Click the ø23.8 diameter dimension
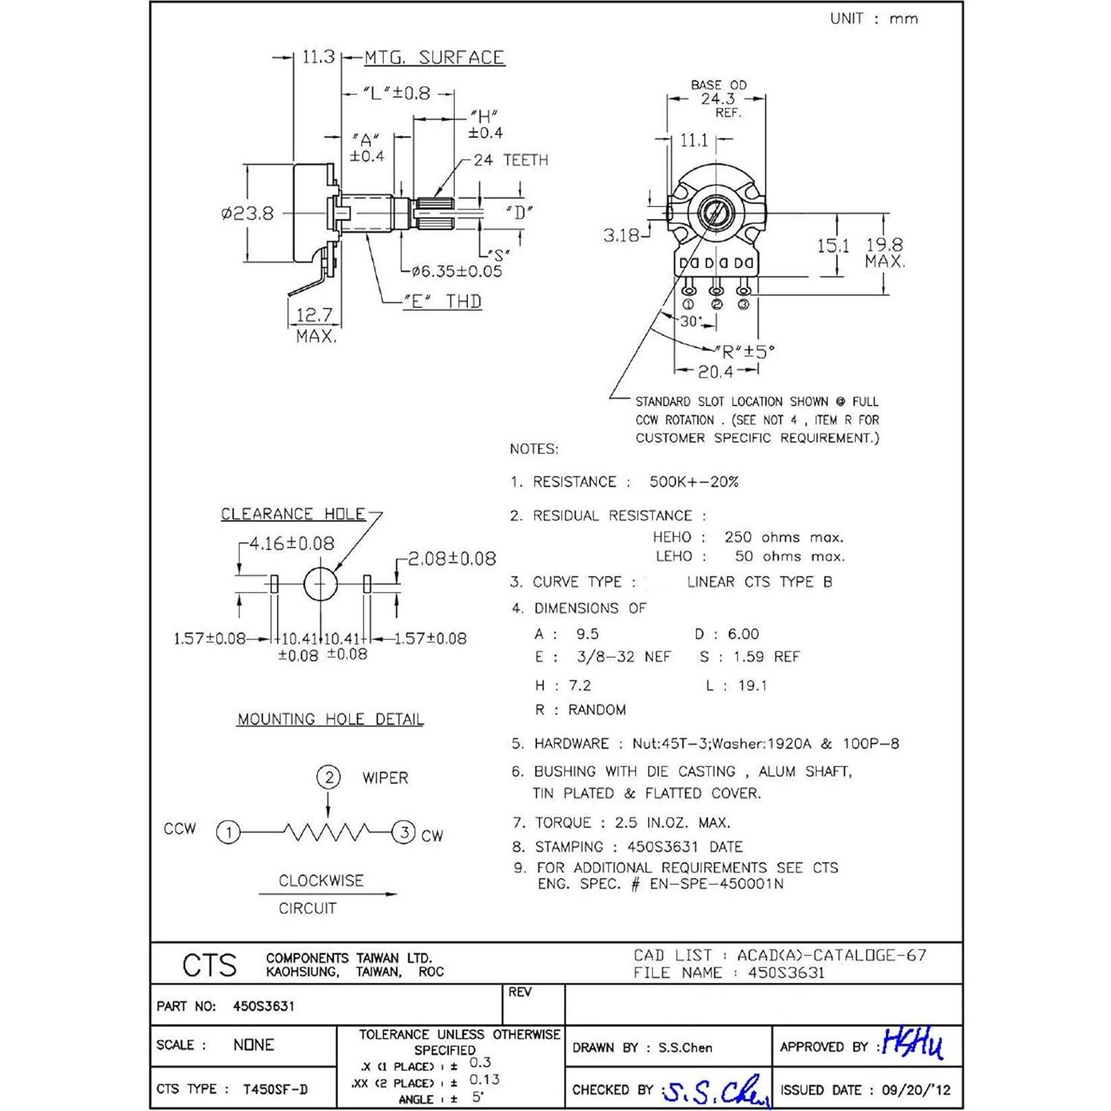pyautogui.click(x=248, y=213)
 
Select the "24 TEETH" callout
pyautogui.click(x=510, y=160)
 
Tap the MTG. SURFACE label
pyautogui.click(x=434, y=58)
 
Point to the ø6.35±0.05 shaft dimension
pyautogui.click(x=457, y=271)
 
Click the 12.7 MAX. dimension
pyautogui.click(x=315, y=324)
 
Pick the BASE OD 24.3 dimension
pyautogui.click(x=718, y=98)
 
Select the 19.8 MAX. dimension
pyautogui.click(x=884, y=253)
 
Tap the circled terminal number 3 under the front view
pyautogui.click(x=743, y=304)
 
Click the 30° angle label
pyautogui.click(x=691, y=321)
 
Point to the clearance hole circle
pyautogui.click(x=321, y=585)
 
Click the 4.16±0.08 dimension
pyautogui.click(x=291, y=544)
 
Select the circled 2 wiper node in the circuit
pyautogui.click(x=328, y=778)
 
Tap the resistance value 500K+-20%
pyautogui.click(x=693, y=482)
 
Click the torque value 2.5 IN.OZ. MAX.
pyautogui.click(x=672, y=822)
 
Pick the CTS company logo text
pyautogui.click(x=210, y=965)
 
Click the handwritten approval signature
pyautogui.click(x=912, y=1044)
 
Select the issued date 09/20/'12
pyautogui.click(x=915, y=1090)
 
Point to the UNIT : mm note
pyautogui.click(x=874, y=19)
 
